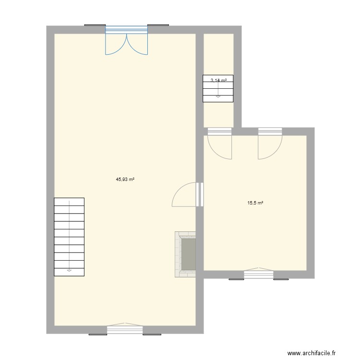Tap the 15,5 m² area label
click(x=255, y=203)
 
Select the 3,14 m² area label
click(x=218, y=81)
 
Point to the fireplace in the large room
click(x=186, y=254)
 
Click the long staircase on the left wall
click(x=69, y=237)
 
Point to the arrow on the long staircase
click(x=69, y=270)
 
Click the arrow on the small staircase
click(x=218, y=96)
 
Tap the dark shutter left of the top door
click(x=95, y=25)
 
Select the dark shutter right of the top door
click(x=158, y=25)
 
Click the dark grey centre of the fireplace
click(x=188, y=254)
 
